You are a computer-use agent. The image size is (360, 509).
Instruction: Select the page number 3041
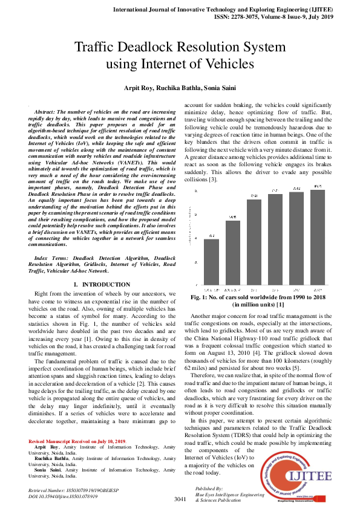180,499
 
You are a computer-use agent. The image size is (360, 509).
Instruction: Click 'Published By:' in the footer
209,487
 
